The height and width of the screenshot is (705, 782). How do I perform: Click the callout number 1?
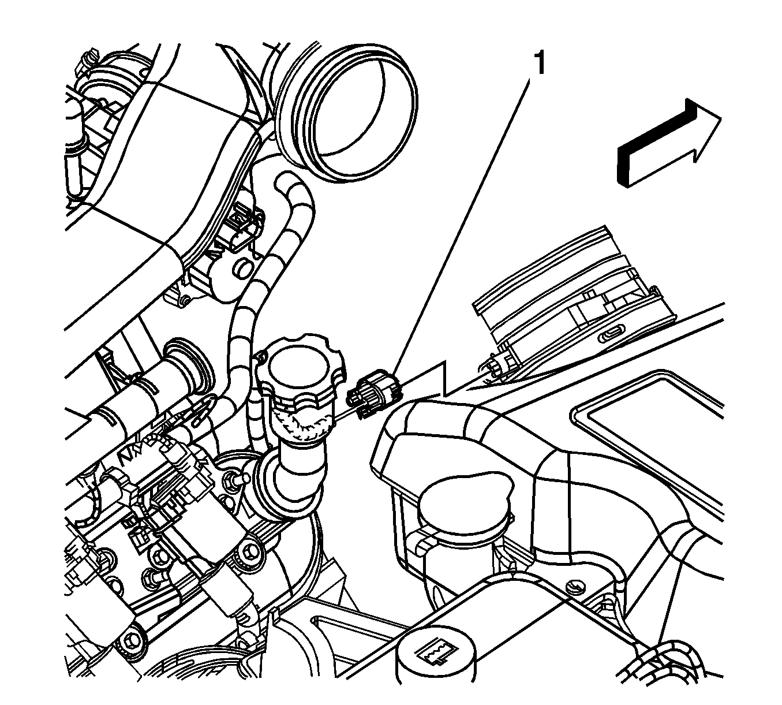(540, 63)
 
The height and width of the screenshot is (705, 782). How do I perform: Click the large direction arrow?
(669, 143)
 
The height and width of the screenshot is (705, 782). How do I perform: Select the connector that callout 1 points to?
(373, 393)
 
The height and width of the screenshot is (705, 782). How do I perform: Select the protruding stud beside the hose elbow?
(238, 478)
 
